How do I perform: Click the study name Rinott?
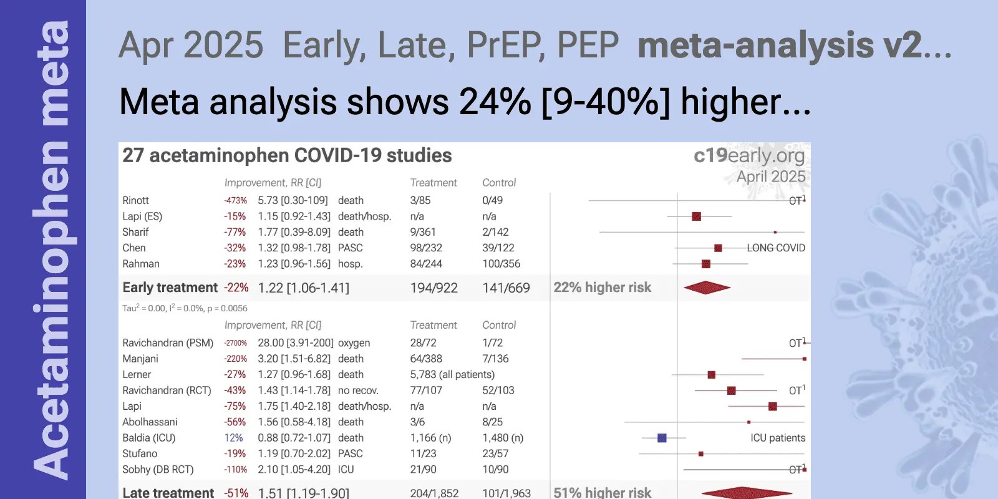pos(135,200)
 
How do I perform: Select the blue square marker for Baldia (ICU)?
pos(662,438)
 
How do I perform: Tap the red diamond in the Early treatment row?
pos(707,288)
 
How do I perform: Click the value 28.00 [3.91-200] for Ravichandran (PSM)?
pos(295,343)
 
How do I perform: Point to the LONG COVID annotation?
pos(776,248)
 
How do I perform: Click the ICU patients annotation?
pos(777,438)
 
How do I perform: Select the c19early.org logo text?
pos(748,155)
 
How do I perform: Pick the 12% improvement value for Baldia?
pos(233,438)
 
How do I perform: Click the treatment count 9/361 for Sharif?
pos(423,232)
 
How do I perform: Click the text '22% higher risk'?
pos(602,288)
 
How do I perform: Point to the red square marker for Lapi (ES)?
pos(696,216)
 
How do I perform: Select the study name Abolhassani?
pos(150,422)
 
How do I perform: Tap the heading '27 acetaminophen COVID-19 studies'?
pos(287,155)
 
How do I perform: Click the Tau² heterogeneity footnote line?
pos(185,308)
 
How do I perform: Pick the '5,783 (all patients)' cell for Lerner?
pos(452,375)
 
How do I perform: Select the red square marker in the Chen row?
pos(718,248)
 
